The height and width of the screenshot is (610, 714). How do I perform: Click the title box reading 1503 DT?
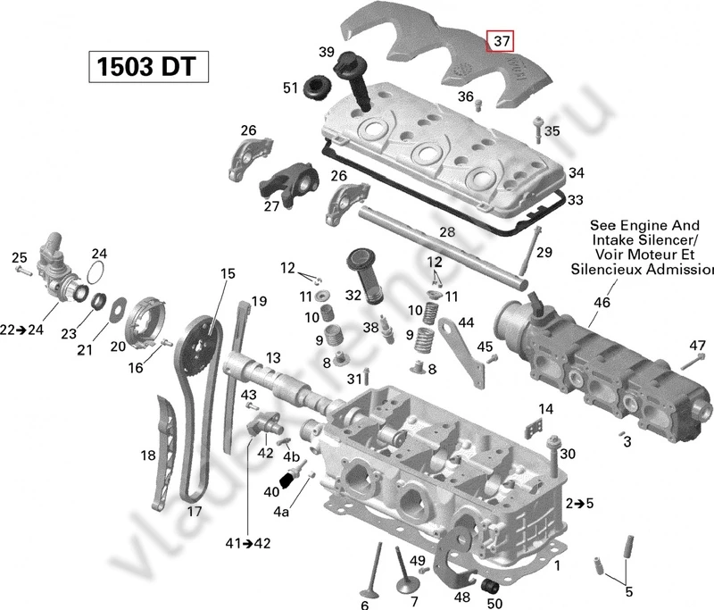148,67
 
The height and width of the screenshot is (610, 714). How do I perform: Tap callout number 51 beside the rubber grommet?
290,88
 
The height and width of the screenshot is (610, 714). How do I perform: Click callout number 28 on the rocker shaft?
446,232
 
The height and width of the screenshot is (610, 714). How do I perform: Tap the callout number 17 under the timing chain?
194,511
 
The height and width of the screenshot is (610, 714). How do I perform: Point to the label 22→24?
21,330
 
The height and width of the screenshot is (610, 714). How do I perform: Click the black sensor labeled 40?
287,482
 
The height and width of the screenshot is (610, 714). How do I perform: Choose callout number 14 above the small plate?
545,408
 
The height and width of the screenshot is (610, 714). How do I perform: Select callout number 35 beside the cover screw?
552,131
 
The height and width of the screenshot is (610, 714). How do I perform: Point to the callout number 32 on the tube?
353,295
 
